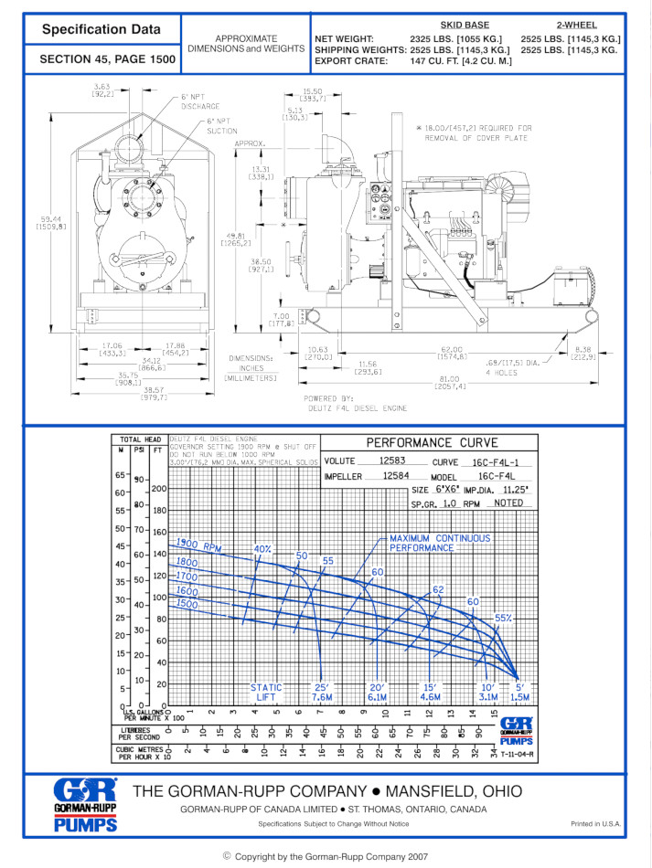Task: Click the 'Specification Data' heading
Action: (x=101, y=30)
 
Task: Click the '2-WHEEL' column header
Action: (x=578, y=25)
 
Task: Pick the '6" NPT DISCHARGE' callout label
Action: (x=199, y=101)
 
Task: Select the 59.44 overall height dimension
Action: (x=49, y=223)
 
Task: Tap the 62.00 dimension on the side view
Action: (x=452, y=350)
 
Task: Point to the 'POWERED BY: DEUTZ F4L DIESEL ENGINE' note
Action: (x=356, y=404)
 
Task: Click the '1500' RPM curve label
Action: (x=187, y=604)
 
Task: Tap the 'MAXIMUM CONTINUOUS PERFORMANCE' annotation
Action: (x=439, y=544)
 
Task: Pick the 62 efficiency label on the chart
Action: (x=438, y=590)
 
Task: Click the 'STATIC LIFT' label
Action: (x=267, y=693)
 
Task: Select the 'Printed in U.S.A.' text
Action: (x=595, y=824)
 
